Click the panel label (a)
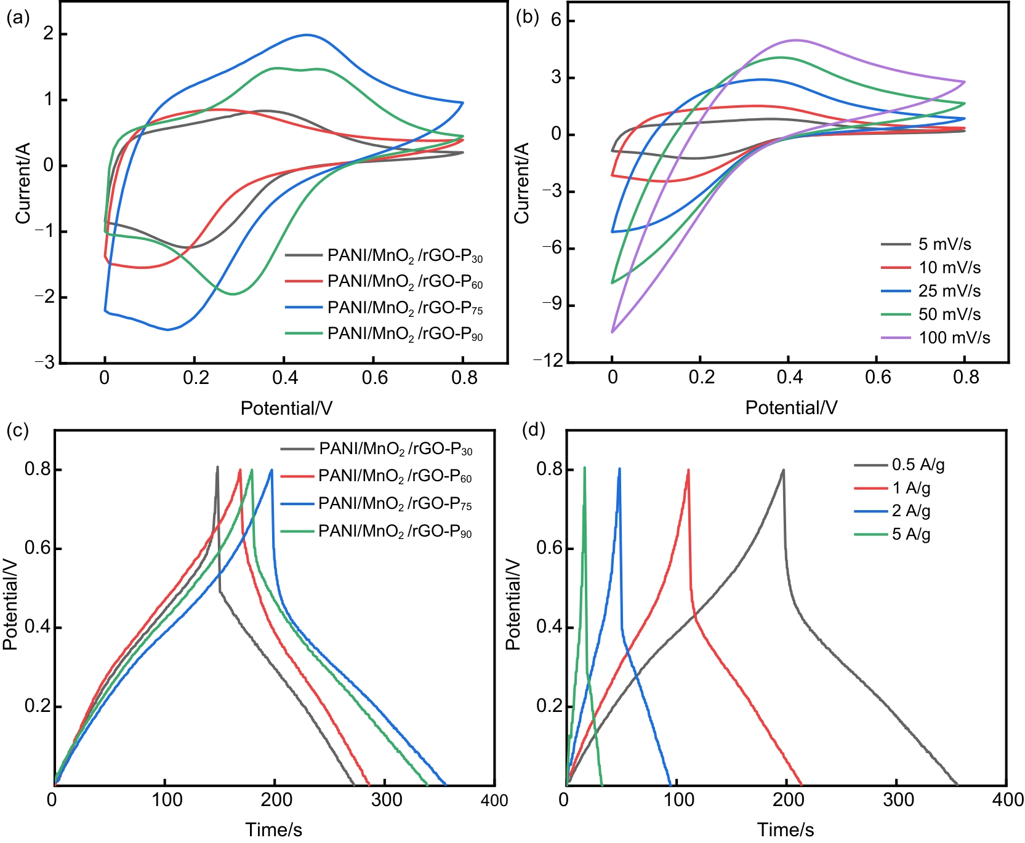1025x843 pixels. (x=17, y=18)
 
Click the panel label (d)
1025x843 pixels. (x=533, y=429)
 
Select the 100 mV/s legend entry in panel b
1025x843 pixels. (x=936, y=338)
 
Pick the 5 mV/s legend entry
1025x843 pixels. (x=926, y=244)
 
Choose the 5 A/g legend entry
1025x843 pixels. (x=893, y=534)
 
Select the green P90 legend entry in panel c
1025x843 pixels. (x=376, y=532)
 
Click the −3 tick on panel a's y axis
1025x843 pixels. (x=44, y=362)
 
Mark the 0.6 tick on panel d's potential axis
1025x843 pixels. (x=549, y=548)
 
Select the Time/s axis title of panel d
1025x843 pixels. (x=786, y=830)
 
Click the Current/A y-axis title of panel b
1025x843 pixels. (x=522, y=183)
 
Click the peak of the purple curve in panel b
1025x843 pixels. (x=795, y=40)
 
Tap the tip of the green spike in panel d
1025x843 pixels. (x=584, y=468)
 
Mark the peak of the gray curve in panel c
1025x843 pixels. (x=217, y=467)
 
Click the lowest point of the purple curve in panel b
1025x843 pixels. (x=612, y=332)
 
